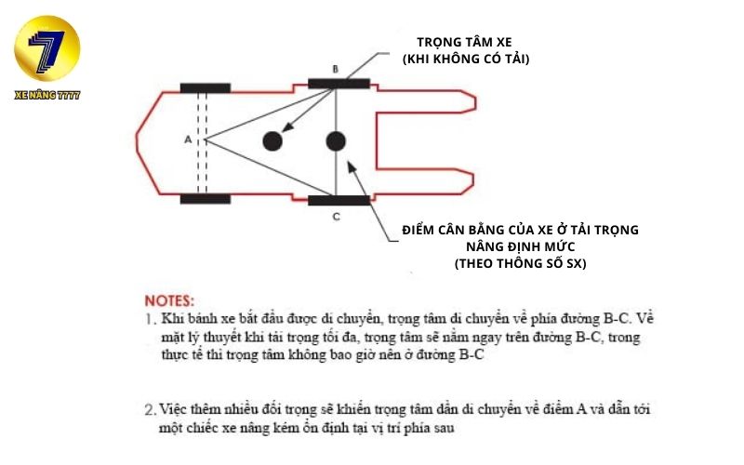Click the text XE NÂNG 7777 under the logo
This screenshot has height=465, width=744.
coord(47,95)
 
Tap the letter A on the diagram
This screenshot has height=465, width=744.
coord(188,139)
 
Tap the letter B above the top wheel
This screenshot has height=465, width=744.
coord(336,69)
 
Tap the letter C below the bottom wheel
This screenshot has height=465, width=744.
coord(336,216)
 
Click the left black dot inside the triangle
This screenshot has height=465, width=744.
coord(272,140)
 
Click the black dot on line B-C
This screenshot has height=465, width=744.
coord(336,141)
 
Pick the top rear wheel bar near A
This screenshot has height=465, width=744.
coord(206,88)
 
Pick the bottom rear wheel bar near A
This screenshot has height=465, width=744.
coord(206,198)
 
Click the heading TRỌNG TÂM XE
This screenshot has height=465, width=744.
coord(465,42)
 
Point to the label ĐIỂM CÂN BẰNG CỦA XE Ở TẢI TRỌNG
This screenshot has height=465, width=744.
coord(521,230)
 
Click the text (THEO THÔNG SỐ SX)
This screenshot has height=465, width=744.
coord(521,263)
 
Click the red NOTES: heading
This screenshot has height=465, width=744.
coord(169,301)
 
